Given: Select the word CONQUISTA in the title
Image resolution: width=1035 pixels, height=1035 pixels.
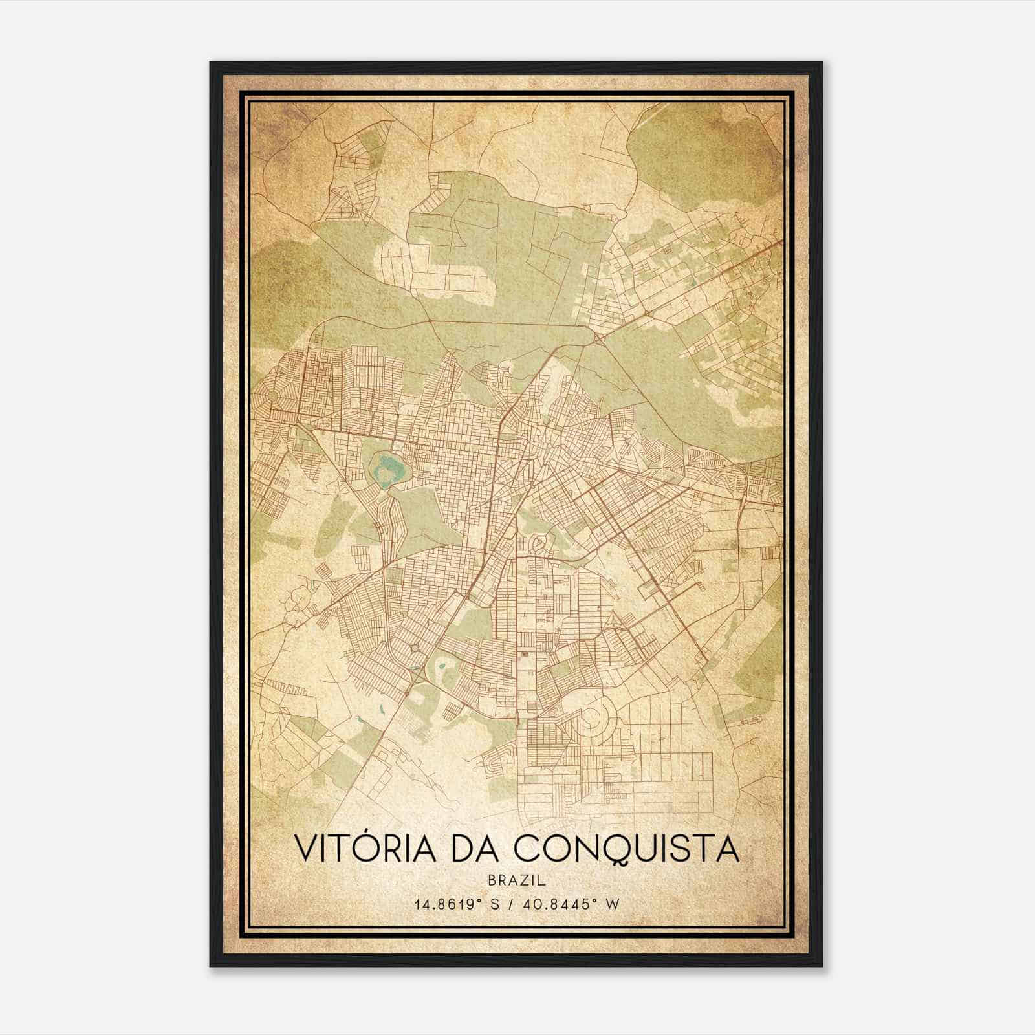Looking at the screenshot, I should [x=628, y=848].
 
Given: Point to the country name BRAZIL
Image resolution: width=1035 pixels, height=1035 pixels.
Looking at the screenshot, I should [x=517, y=880].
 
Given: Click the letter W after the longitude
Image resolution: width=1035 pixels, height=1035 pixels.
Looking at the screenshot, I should [x=613, y=904].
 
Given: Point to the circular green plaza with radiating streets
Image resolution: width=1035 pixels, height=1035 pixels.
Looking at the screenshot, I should [x=272, y=395].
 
